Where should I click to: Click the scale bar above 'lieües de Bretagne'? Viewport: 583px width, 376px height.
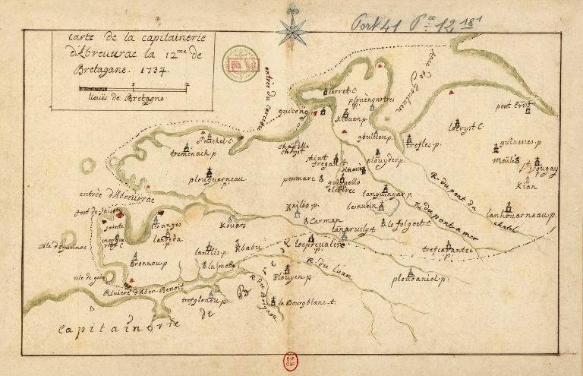tap(132, 90)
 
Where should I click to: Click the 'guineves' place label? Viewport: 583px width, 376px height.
tap(519, 141)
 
